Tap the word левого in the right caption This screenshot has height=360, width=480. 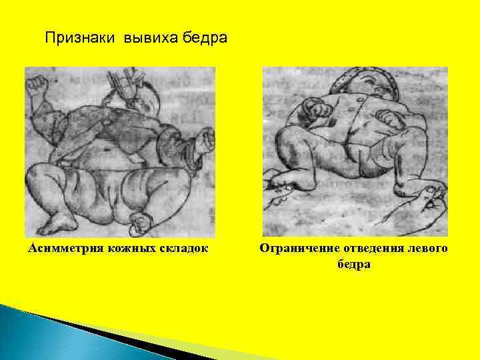pyautogui.click(x=428, y=249)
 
